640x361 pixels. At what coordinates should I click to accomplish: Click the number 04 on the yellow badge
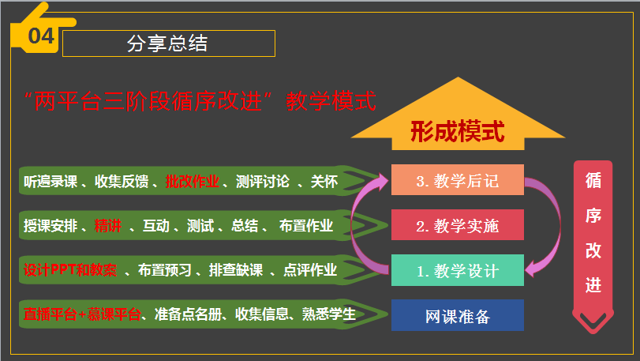(x=41, y=36)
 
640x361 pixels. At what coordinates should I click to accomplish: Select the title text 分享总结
(x=167, y=43)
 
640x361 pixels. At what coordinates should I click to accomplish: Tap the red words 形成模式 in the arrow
(x=458, y=131)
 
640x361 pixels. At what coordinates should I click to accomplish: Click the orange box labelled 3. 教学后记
(x=458, y=179)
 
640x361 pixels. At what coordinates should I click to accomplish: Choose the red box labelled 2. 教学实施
(x=458, y=224)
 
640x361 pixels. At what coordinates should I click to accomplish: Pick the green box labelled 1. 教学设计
(x=458, y=270)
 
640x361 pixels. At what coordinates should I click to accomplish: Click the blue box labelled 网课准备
(x=458, y=315)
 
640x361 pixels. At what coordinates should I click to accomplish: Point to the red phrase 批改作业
(x=193, y=182)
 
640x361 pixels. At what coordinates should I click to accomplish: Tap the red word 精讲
(x=108, y=225)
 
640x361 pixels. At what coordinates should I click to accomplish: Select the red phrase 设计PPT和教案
(x=70, y=270)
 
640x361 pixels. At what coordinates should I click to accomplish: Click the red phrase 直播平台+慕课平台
(x=82, y=314)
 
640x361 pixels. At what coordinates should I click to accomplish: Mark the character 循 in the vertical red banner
(x=593, y=180)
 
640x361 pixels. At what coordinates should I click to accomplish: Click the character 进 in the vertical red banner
(x=593, y=284)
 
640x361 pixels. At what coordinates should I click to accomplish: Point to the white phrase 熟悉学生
(x=329, y=314)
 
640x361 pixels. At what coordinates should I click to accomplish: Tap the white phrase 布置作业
(x=306, y=225)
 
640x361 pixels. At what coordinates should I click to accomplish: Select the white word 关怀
(x=324, y=182)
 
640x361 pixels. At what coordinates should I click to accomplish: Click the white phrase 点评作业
(x=310, y=270)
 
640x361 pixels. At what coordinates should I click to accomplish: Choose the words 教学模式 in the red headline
(x=331, y=101)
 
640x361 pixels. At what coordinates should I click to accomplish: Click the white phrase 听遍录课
(x=51, y=182)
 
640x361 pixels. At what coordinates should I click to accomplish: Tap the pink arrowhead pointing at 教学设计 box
(x=531, y=269)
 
